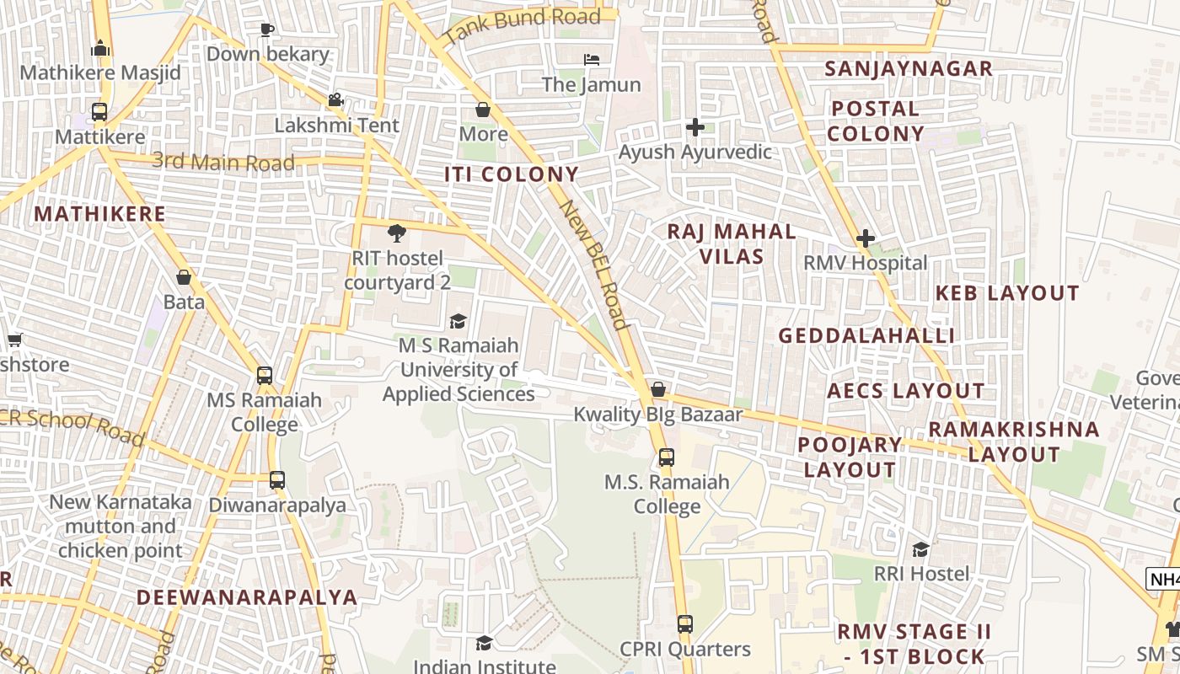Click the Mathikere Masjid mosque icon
coord(100,48)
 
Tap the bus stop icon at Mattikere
coord(99,111)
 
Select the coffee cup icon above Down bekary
coord(267,30)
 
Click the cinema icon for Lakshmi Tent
coord(335,100)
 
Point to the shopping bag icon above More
coord(483,110)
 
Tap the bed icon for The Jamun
coord(592,60)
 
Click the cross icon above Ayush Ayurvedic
coord(695,127)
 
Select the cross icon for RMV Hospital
coord(865,238)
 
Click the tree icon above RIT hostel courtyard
coord(396,233)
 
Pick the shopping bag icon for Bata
coord(184,276)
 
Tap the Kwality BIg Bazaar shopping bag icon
coord(657,389)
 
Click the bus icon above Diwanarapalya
coord(277,480)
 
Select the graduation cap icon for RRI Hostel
coord(920,549)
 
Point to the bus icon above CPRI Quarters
coord(684,624)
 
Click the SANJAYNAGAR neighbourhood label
coord(909,69)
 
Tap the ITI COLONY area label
coord(512,174)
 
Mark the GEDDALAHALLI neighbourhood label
coord(866,336)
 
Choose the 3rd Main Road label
coord(223,161)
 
